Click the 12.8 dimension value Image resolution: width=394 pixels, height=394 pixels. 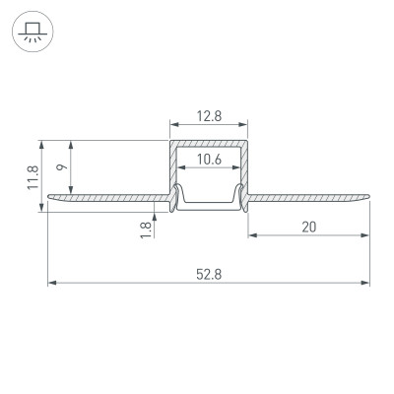click(x=208, y=115)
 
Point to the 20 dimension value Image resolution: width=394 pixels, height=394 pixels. click(x=308, y=228)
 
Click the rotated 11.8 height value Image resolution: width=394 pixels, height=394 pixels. click(x=33, y=174)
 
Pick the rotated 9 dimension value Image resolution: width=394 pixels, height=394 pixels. click(x=63, y=168)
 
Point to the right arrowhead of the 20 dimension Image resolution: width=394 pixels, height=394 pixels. click(x=366, y=236)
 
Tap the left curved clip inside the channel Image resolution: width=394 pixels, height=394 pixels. click(x=178, y=197)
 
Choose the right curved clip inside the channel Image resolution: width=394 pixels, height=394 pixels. click(x=237, y=197)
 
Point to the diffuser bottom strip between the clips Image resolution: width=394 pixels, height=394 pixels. click(x=208, y=206)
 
